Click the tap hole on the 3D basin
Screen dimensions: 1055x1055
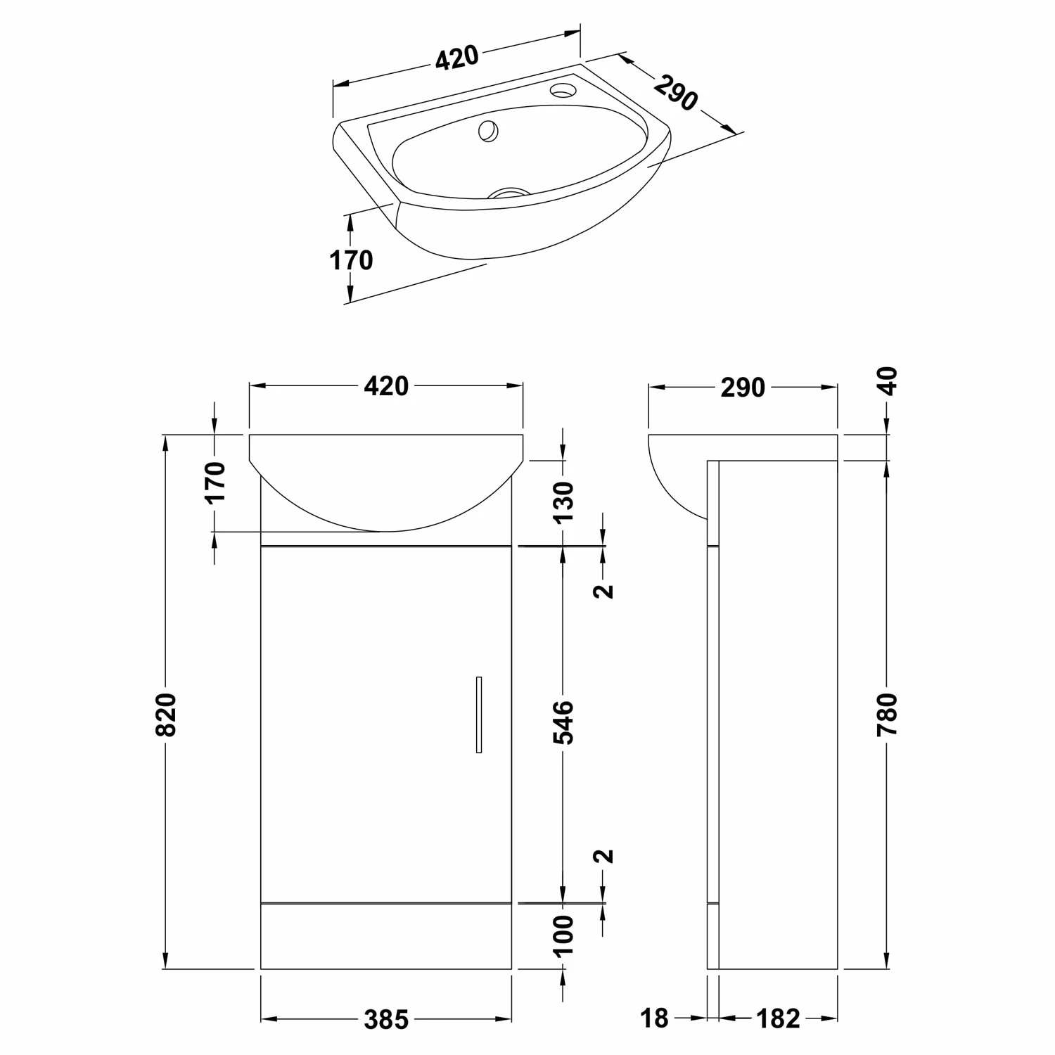click(x=563, y=90)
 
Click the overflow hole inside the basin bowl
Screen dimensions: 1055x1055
click(x=488, y=130)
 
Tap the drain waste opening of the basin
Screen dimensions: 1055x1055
click(x=509, y=193)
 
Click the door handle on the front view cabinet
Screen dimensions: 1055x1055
click(x=479, y=715)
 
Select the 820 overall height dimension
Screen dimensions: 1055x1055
click(x=166, y=715)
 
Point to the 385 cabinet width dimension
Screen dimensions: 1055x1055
click(x=386, y=1019)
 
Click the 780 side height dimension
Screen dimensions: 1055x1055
click(x=888, y=715)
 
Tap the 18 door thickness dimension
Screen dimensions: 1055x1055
click(x=654, y=1018)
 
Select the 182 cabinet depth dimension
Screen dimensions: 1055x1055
click(x=779, y=1018)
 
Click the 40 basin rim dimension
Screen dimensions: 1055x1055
click(x=889, y=381)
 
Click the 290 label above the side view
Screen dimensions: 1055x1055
click(x=743, y=388)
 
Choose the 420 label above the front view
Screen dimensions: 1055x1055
click(x=386, y=386)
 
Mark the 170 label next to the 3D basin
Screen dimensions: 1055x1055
click(x=351, y=261)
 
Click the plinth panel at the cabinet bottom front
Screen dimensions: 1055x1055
click(x=386, y=936)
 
